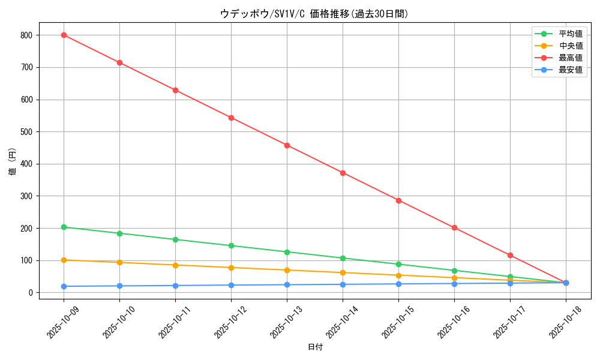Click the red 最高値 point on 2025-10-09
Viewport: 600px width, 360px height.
tap(64, 35)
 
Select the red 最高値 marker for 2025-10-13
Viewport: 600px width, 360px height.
tap(287, 145)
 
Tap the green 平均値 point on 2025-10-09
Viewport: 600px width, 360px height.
tap(64, 227)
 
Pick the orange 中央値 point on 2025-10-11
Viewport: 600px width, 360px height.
tap(175, 265)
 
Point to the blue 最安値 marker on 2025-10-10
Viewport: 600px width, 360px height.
tap(119, 286)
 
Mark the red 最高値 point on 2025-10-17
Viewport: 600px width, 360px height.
tap(510, 256)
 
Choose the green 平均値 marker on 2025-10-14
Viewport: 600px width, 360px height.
tap(343, 258)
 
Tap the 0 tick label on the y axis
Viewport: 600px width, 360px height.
tap(31, 293)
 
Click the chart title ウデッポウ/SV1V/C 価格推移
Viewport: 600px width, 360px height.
tap(314, 14)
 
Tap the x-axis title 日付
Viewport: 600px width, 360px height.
tap(315, 347)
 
